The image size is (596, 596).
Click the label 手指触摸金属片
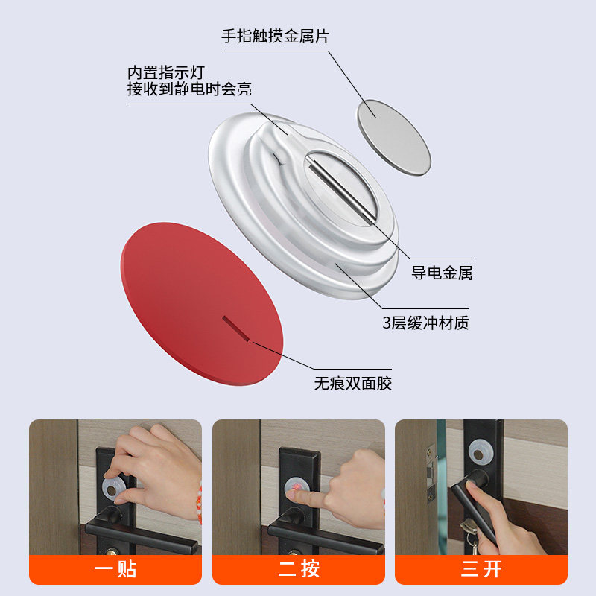click(275, 36)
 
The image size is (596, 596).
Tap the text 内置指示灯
click(166, 73)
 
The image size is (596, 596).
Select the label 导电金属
click(442, 273)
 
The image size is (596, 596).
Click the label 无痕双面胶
click(352, 384)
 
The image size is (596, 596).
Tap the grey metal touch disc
click(394, 138)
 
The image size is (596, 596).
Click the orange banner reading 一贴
click(115, 570)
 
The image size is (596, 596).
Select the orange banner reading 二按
click(299, 570)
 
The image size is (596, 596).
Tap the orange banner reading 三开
click(481, 570)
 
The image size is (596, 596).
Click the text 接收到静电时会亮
click(189, 89)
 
